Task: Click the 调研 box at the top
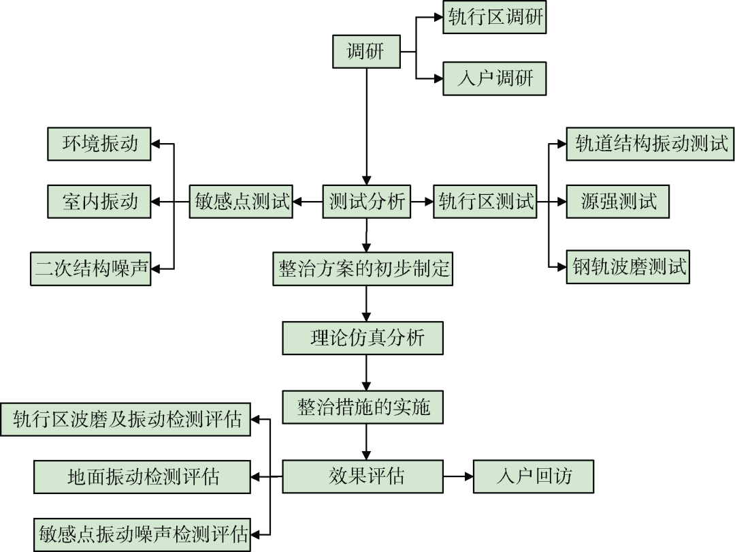tap(366, 51)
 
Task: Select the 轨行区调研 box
tap(495, 18)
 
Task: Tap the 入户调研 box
tap(495, 78)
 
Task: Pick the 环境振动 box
tap(99, 144)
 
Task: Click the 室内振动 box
tap(99, 201)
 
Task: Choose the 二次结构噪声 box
tap(91, 269)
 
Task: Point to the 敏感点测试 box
tap(241, 201)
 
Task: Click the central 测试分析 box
tap(366, 201)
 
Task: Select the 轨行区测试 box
tap(485, 201)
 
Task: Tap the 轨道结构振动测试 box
tap(650, 144)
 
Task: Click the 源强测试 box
tap(618, 201)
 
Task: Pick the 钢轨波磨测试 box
tap(627, 267)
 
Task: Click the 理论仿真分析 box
tap(363, 338)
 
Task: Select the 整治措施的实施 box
tap(363, 407)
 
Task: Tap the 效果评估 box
tap(363, 476)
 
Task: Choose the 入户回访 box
tap(534, 476)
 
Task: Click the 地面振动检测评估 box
tap(142, 476)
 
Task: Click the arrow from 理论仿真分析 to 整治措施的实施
tap(367, 372)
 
